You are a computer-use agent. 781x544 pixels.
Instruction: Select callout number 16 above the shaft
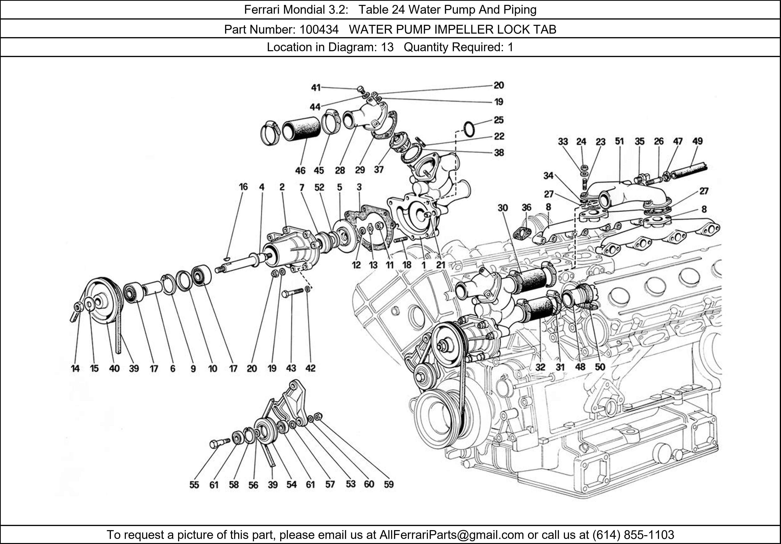(x=243, y=187)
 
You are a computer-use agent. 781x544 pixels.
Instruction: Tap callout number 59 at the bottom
(x=389, y=484)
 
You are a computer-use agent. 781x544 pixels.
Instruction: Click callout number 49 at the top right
(x=697, y=141)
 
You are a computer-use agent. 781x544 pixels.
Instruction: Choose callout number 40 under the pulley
(x=114, y=368)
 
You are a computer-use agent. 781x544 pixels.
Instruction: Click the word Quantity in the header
(x=425, y=47)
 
